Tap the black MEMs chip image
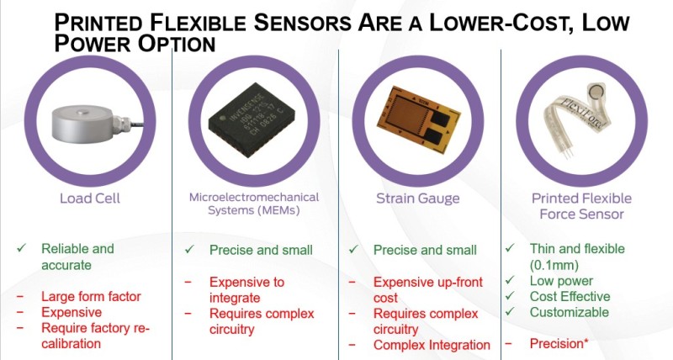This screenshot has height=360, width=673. tap(252, 122)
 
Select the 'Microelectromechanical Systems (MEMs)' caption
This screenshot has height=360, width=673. tap(252, 204)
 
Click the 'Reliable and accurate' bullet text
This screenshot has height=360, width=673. tap(77, 257)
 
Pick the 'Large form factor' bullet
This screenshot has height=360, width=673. tap(90, 296)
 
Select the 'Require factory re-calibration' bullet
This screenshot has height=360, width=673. tap(95, 336)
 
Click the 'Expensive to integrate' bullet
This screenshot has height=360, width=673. tap(246, 290)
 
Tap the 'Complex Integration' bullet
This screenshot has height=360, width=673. tap(432, 345)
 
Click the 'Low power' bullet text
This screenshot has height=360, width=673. tap(561, 281)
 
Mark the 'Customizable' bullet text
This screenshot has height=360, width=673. tap(570, 312)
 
